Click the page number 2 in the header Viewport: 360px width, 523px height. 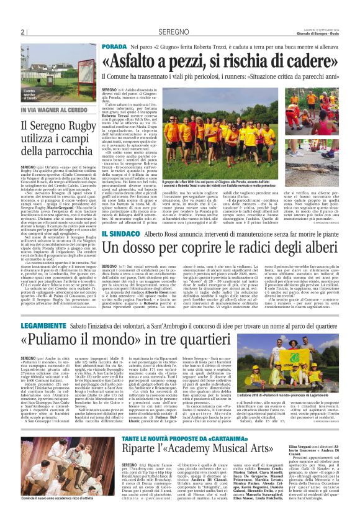click(23, 32)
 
